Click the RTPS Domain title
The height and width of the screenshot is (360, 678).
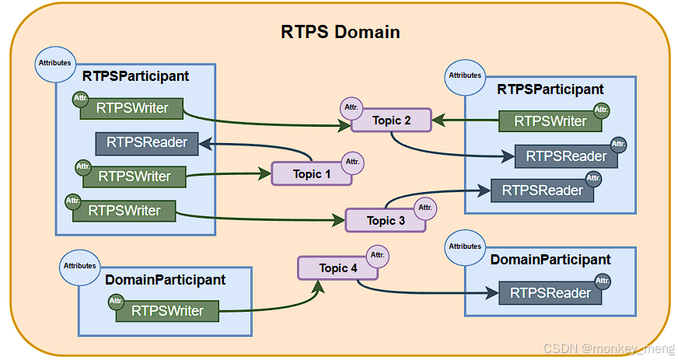341,32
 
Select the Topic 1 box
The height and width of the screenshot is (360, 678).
311,173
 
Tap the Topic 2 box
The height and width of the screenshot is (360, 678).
391,121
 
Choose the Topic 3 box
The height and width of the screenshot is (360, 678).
386,220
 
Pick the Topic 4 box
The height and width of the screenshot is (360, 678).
337,268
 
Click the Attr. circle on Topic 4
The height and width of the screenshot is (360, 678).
377,255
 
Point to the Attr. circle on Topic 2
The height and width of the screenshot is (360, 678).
351,107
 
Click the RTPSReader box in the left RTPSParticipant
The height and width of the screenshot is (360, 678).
147,144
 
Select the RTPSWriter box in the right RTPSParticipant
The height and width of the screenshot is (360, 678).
550,121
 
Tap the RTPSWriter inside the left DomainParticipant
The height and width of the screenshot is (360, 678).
167,311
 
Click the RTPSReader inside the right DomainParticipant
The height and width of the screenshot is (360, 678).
550,293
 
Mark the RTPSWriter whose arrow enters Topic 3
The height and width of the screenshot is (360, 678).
124,211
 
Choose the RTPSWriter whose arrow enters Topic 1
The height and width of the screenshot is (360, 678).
135,177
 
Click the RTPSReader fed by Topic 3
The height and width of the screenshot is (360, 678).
542,190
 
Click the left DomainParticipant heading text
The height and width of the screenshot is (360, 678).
165,280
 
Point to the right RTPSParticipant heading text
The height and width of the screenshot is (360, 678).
550,89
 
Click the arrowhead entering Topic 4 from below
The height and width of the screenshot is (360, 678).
319,287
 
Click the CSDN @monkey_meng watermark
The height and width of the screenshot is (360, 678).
608,348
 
